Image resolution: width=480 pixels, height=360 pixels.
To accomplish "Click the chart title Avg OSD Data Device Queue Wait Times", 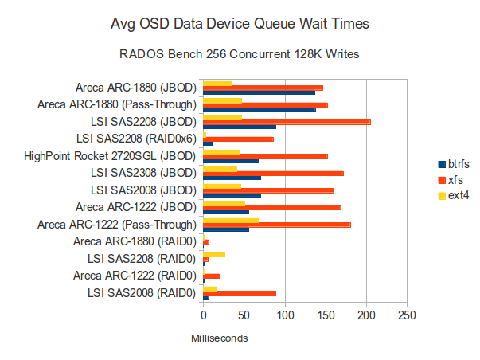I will [x=240, y=25].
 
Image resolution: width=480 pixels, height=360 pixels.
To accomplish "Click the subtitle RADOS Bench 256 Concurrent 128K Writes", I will [x=240, y=57].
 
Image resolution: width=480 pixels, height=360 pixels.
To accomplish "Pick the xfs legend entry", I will [x=451, y=179].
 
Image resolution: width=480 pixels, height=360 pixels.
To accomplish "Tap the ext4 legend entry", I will [x=453, y=195].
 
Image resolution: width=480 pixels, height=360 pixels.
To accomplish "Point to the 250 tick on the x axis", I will [x=407, y=315].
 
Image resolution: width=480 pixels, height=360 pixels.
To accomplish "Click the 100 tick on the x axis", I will [x=285, y=315].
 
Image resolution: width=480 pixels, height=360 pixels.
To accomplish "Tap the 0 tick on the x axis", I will [x=204, y=315].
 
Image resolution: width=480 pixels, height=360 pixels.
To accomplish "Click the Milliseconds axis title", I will [x=220, y=338].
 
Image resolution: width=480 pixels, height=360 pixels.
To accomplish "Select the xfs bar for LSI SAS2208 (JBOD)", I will [x=287, y=122].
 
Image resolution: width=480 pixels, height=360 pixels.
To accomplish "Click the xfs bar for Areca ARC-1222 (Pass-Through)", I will [x=277, y=225].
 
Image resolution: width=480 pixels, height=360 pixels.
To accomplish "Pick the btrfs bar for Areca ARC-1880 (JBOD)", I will [x=260, y=93].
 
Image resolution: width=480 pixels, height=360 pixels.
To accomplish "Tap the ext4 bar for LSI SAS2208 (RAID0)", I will [x=214, y=254].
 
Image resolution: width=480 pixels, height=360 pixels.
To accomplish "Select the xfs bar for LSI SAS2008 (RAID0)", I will [x=240, y=293].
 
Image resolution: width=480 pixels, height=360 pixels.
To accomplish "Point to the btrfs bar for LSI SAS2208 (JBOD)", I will [x=240, y=127].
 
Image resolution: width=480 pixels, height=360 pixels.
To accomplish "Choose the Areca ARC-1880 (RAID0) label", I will [x=134, y=241].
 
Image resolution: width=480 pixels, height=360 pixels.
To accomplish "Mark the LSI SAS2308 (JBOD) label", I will [x=143, y=173].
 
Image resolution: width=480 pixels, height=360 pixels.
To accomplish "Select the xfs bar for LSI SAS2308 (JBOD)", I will [x=273, y=173].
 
